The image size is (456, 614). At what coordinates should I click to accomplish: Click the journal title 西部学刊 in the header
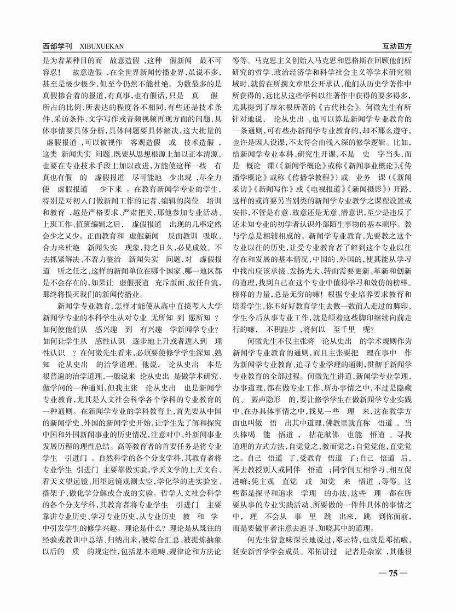pyautogui.click(x=59, y=46)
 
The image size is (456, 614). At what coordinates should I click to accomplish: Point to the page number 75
pyautogui.click(x=392, y=573)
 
